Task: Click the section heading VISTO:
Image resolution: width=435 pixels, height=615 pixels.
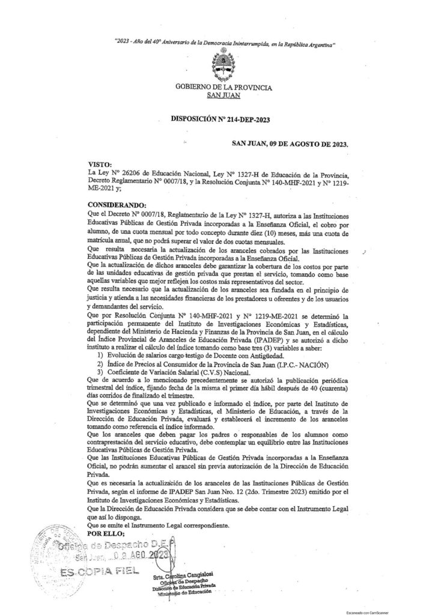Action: [99, 163]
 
